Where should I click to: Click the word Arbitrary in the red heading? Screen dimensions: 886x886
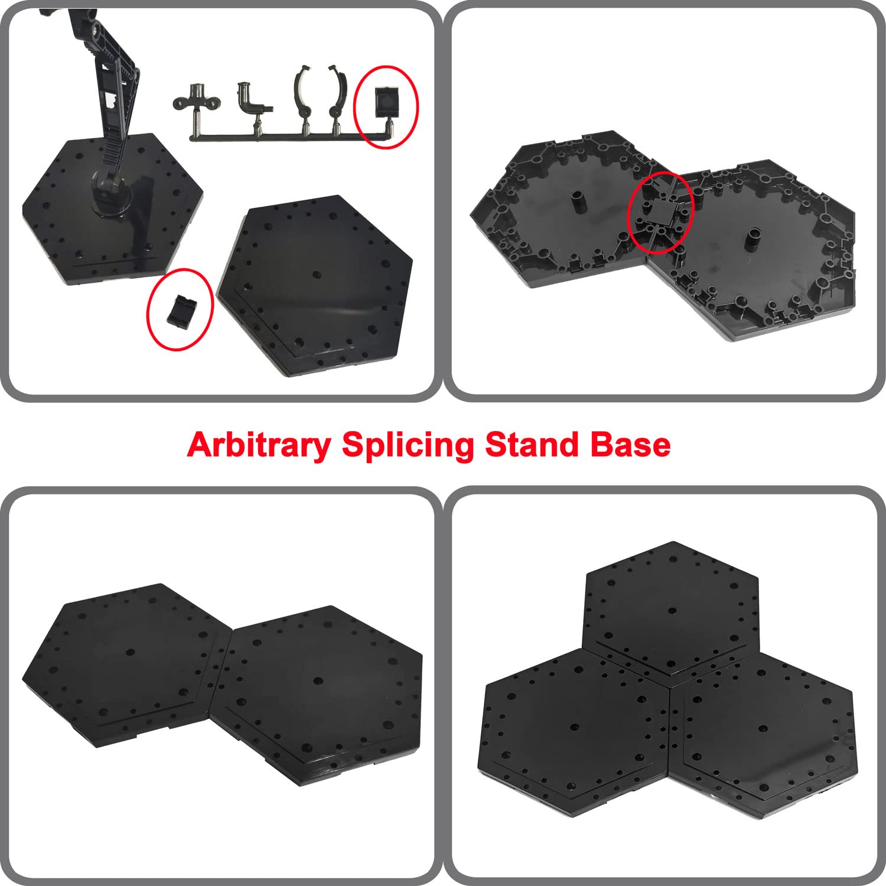(258, 445)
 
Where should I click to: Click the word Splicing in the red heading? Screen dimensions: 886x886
(407, 445)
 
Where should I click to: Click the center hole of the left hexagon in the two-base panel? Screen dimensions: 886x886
(131, 652)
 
